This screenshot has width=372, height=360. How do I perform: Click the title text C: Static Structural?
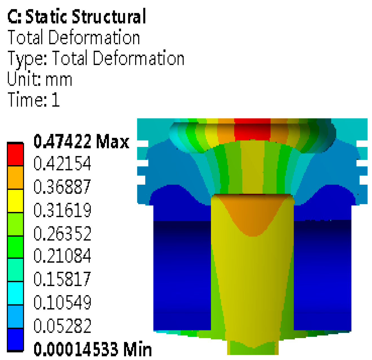pyautogui.click(x=76, y=16)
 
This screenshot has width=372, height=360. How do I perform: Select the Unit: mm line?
pyautogui.click(x=40, y=79)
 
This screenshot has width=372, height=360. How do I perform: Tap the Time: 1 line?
pyautogui.click(x=34, y=100)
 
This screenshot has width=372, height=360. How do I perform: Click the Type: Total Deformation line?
pyautogui.click(x=96, y=58)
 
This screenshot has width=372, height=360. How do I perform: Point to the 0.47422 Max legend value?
pyautogui.click(x=81, y=141)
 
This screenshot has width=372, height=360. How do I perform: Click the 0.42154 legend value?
pyautogui.click(x=62, y=163)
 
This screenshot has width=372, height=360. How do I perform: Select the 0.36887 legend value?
pyautogui.click(x=62, y=186)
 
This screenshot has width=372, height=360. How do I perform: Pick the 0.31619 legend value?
pyautogui.click(x=62, y=210)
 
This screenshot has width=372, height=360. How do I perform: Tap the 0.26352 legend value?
pyautogui.click(x=62, y=233)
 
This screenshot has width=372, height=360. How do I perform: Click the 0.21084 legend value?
pyautogui.click(x=62, y=256)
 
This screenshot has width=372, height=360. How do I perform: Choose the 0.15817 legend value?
pyautogui.click(x=62, y=279)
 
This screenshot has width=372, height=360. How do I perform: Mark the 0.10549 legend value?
pyautogui.click(x=62, y=302)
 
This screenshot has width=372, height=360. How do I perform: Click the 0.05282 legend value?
pyautogui.click(x=62, y=326)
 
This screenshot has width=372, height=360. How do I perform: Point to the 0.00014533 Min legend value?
pyautogui.click(x=93, y=349)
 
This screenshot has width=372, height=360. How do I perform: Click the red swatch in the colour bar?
pyautogui.click(x=15, y=154)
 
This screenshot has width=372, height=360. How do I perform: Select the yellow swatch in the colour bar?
pyautogui.click(x=15, y=201)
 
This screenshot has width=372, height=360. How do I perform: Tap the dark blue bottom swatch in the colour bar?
pyautogui.click(x=15, y=340)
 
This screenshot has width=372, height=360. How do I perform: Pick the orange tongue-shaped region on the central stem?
pyautogui.click(x=252, y=214)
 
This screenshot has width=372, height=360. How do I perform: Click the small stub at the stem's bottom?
pyautogui.click(x=253, y=347)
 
